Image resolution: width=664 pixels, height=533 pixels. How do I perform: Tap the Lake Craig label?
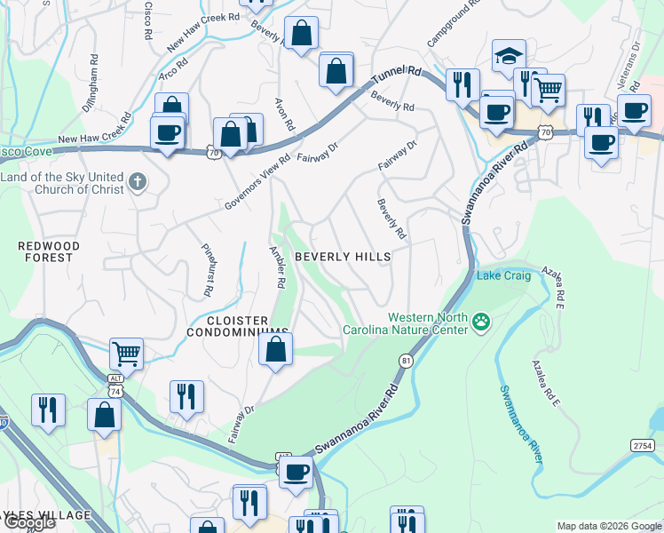[504, 276]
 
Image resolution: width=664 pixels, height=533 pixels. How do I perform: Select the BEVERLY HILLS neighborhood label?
[343, 257]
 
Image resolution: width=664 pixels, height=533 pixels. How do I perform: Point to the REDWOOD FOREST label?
[49, 251]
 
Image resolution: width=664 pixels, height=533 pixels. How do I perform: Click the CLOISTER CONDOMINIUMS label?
[237, 326]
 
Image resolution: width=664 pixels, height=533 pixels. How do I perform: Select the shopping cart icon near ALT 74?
[126, 353]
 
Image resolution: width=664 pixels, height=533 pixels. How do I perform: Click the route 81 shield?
[406, 360]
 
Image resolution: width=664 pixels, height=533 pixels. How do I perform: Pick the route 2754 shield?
[642, 444]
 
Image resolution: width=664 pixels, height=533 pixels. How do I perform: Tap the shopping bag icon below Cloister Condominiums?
[275, 347]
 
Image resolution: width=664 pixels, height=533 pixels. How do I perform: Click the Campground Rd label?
[452, 24]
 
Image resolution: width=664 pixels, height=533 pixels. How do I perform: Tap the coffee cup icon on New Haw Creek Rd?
[167, 134]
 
